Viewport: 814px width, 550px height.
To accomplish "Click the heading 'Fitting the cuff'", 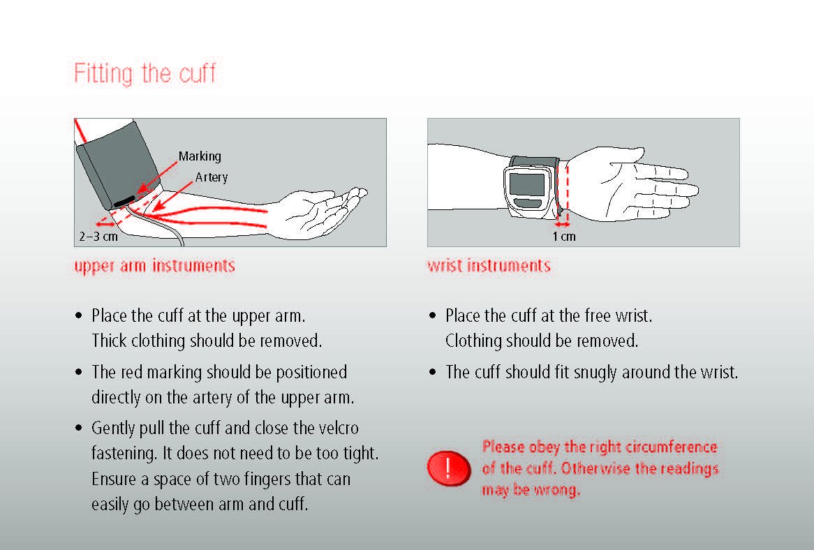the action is click(145, 73).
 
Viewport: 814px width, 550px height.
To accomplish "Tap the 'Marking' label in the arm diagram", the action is click(200, 156).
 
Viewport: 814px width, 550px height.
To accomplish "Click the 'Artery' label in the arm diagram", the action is click(212, 177).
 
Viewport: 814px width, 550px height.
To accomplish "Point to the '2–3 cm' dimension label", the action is click(98, 237).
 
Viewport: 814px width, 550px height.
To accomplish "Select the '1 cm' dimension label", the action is click(564, 237).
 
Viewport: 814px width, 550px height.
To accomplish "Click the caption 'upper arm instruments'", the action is click(155, 266).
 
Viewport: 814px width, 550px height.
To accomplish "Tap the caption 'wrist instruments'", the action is click(489, 266).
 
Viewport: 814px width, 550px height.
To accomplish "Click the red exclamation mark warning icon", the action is click(448, 468).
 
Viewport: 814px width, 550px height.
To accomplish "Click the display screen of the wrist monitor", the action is click(528, 184).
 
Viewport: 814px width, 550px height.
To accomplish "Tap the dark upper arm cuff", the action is click(117, 164).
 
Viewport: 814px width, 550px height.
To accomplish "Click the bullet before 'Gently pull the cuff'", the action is click(79, 428).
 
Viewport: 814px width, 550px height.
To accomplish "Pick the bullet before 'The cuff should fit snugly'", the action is click(432, 372).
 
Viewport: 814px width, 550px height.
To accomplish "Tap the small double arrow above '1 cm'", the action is click(562, 225).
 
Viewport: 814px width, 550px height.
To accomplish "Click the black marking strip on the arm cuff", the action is click(124, 201).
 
